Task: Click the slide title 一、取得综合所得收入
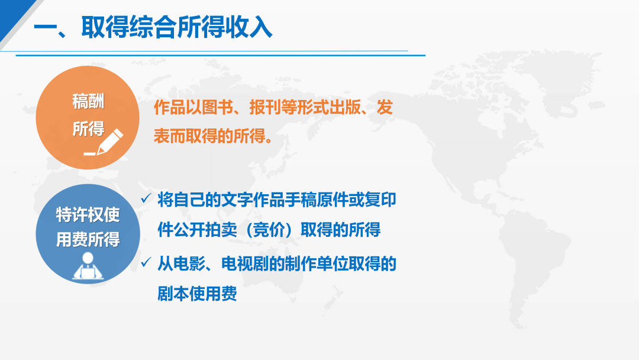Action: point(153,28)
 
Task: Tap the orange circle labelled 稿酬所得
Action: point(88,117)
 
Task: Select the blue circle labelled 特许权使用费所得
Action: point(88,234)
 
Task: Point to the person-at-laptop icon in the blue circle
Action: point(88,266)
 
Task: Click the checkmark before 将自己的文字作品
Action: point(146,198)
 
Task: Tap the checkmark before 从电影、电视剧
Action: point(146,262)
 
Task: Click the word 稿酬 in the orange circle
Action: point(88,101)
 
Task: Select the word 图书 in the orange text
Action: point(217,107)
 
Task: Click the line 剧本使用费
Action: point(197,294)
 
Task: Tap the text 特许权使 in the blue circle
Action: point(88,214)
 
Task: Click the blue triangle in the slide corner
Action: point(12,14)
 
